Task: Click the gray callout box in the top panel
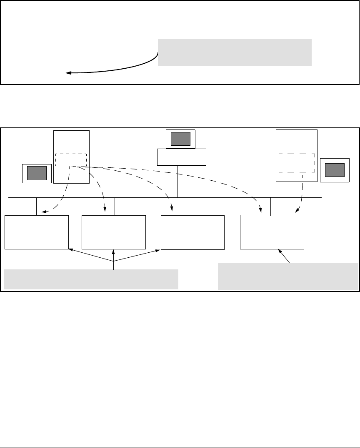(235, 52)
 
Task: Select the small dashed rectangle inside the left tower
(71, 159)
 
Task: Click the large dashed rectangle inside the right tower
(296, 163)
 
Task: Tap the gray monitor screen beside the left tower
(37, 173)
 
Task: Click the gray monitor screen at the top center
(180, 139)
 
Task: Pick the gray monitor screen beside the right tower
(335, 170)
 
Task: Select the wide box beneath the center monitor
(182, 157)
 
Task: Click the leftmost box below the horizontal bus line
(37, 232)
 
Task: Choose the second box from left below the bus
(114, 232)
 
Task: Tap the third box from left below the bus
(192, 232)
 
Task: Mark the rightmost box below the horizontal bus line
(272, 232)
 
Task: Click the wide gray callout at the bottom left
(91, 279)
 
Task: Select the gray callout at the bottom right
(288, 276)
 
